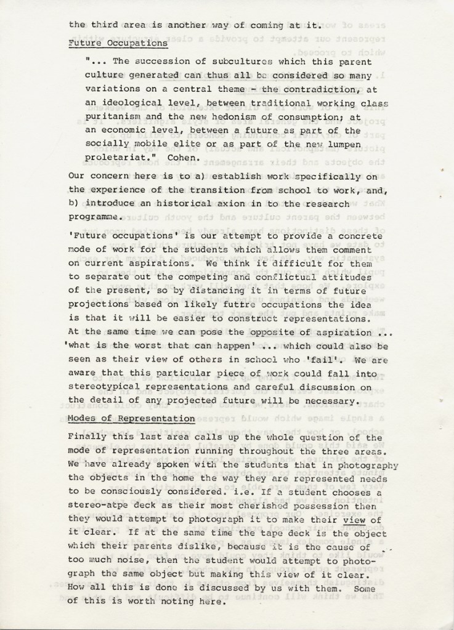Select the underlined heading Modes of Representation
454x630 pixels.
point(131,418)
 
